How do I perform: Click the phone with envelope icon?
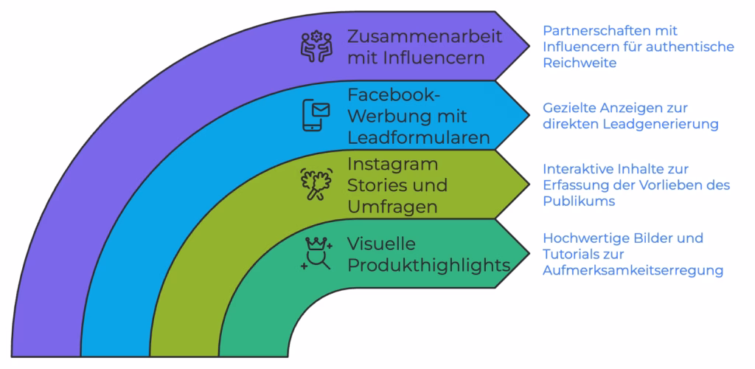click(316, 115)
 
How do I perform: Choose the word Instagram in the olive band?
click(392, 163)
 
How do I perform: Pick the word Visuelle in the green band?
click(381, 243)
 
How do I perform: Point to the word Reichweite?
click(580, 63)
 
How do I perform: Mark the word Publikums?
click(578, 201)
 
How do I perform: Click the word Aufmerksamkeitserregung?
click(632, 271)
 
